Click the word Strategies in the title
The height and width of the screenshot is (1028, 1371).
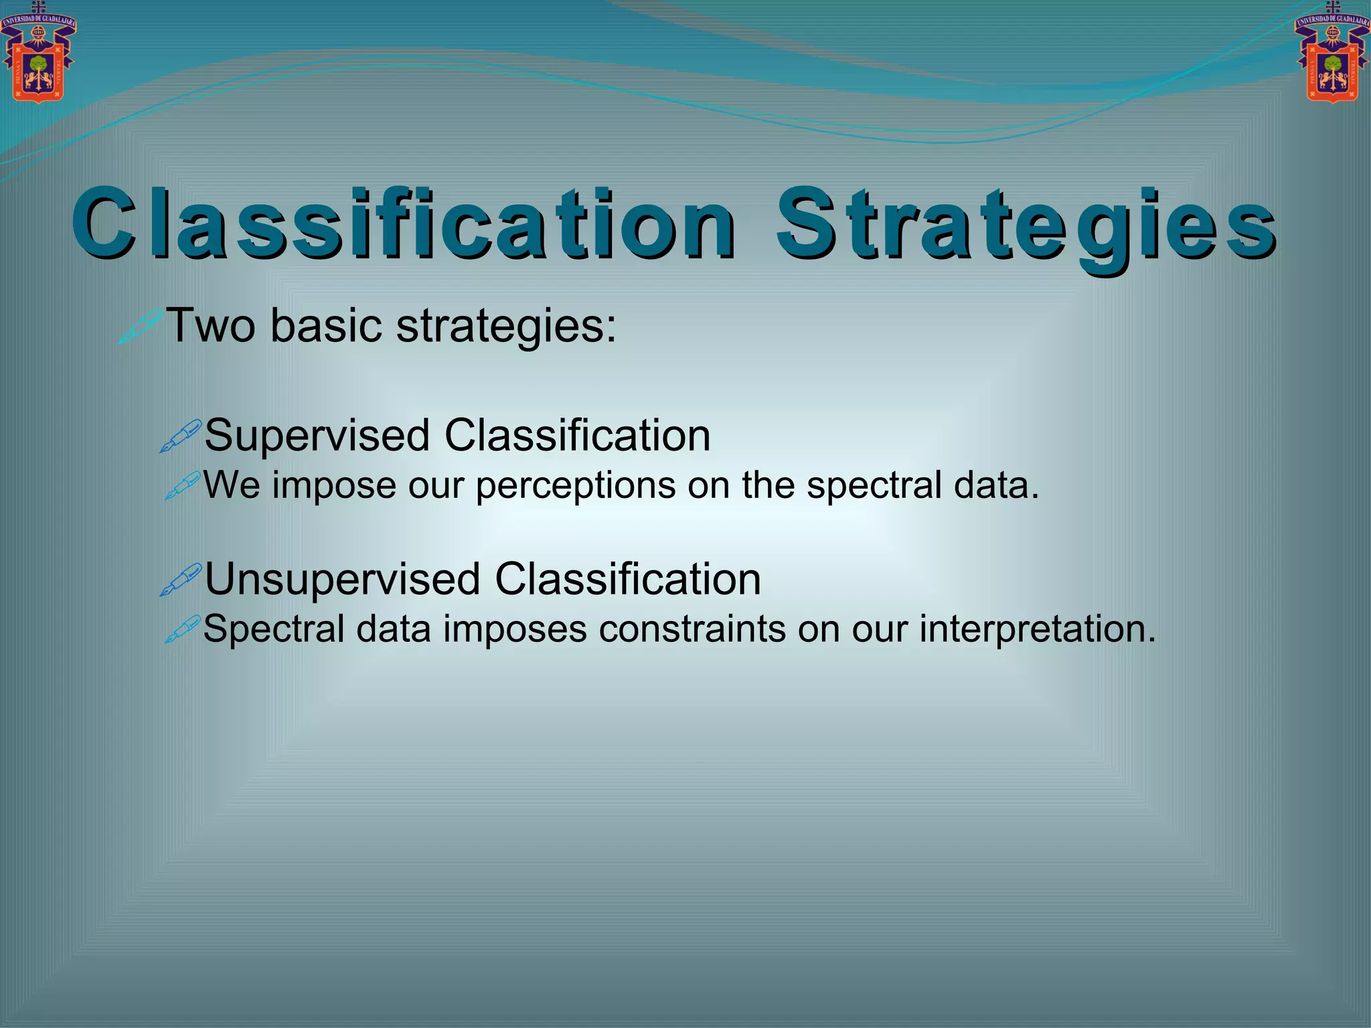(x=1024, y=224)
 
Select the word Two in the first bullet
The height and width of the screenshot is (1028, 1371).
(x=210, y=326)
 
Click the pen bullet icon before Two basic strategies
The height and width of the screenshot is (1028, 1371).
(x=141, y=326)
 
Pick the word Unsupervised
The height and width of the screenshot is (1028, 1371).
(x=342, y=580)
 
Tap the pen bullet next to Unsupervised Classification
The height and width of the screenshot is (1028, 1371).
(x=181, y=580)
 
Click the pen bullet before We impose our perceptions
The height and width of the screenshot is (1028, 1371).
(x=182, y=486)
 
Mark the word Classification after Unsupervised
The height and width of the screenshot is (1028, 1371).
(x=628, y=580)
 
